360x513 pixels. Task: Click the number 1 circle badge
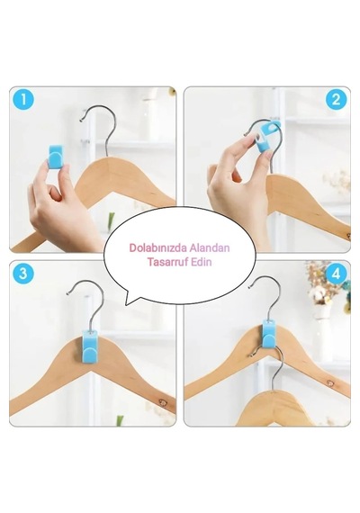pyautogui.click(x=24, y=100)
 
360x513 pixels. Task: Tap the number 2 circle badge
pyautogui.click(x=336, y=100)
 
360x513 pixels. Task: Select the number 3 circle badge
pyautogui.click(x=23, y=273)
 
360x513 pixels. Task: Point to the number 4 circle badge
pyautogui.click(x=336, y=274)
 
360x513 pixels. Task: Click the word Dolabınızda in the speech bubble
pyautogui.click(x=158, y=248)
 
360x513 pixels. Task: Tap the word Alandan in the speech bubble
pyautogui.click(x=210, y=248)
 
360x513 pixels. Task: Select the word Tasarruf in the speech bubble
pyautogui.click(x=166, y=262)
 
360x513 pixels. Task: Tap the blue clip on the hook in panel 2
pyautogui.click(x=267, y=137)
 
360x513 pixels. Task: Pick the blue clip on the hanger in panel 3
pyautogui.click(x=89, y=346)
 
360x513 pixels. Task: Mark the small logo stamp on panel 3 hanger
pyautogui.click(x=162, y=402)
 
